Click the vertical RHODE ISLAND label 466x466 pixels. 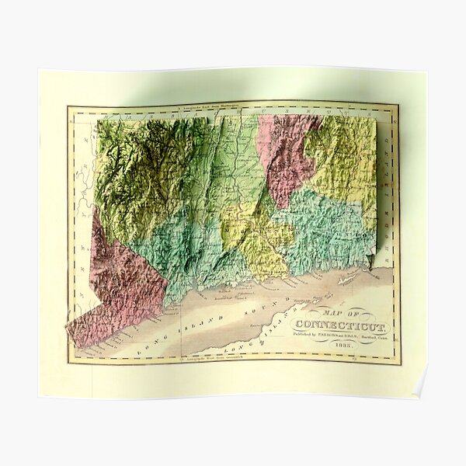tap(386, 179)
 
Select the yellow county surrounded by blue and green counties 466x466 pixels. tap(256, 241)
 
